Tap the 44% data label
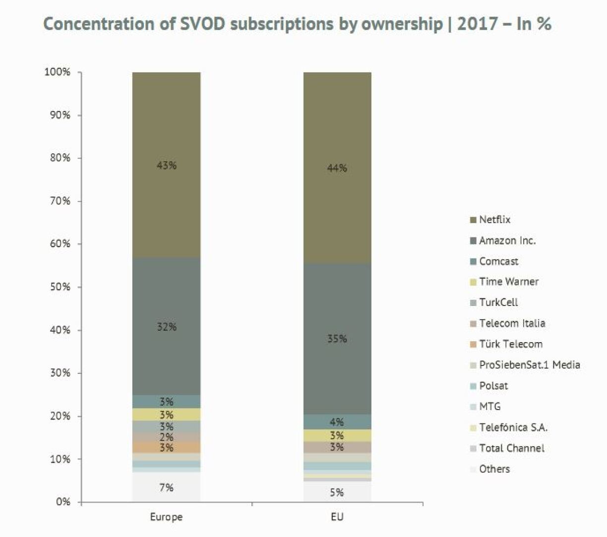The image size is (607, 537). tap(337, 168)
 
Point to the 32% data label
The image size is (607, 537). tap(167, 327)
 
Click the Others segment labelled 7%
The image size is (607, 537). tap(166, 487)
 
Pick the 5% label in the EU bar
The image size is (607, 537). tap(337, 492)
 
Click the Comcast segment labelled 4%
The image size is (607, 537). tap(337, 422)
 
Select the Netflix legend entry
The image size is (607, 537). tap(494, 220)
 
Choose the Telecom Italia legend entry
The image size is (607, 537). tap(512, 323)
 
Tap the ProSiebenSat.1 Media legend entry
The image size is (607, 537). tap(529, 365)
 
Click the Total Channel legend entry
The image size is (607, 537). tap(511, 448)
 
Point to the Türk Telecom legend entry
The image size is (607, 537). tap(510, 344)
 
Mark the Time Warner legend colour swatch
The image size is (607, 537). tap(473, 282)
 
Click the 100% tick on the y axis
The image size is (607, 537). tap(58, 72)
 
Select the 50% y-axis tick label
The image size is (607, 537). tap(60, 287)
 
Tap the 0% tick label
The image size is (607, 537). tap(63, 502)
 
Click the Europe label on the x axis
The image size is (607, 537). tap(166, 517)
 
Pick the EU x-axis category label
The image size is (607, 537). tap(337, 517)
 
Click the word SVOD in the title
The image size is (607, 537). tap(201, 23)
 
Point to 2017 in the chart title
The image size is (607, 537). tap(478, 23)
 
